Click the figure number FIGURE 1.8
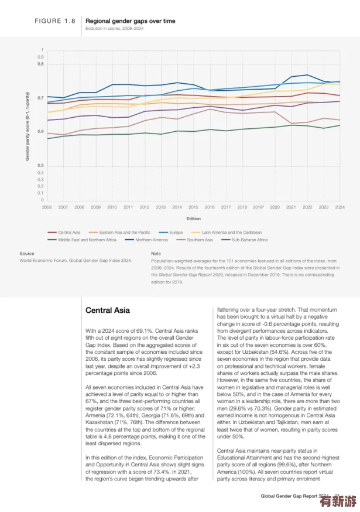pos(55,21)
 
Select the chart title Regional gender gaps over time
pos(131,21)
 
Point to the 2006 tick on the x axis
pos(47,207)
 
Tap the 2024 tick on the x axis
pos(339,207)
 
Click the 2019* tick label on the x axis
pos(259,207)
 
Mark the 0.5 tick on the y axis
pos(41,166)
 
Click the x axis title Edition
pos(193,219)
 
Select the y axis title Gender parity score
pos(28,126)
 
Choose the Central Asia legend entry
pos(68,233)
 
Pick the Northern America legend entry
pos(151,240)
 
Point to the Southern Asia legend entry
pos(200,240)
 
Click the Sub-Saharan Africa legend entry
pos(249,240)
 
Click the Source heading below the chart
pos(27,254)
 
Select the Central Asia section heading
pos(108,310)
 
